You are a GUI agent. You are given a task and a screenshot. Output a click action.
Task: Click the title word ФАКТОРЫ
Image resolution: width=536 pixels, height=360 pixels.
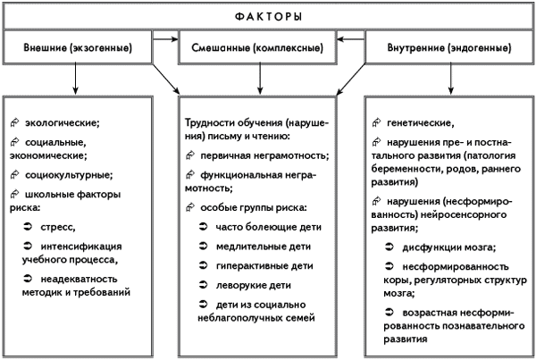click(x=268, y=16)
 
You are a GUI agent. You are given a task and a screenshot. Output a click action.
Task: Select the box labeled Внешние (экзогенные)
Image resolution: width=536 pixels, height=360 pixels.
click(x=78, y=47)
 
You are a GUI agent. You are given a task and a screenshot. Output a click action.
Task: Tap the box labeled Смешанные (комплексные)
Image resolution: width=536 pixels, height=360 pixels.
click(x=257, y=47)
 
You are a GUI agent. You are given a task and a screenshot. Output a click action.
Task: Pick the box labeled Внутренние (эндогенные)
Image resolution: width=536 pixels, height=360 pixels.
click(x=449, y=47)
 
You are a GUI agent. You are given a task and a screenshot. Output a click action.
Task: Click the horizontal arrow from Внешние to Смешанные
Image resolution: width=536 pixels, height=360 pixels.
click(x=166, y=39)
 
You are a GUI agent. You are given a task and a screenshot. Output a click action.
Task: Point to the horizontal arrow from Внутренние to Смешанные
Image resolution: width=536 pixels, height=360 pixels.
click(x=351, y=39)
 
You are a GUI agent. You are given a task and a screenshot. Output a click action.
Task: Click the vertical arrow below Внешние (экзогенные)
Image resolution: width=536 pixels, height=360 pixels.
click(x=75, y=79)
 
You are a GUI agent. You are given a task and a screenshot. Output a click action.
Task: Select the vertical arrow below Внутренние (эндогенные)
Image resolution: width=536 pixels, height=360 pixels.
click(x=450, y=79)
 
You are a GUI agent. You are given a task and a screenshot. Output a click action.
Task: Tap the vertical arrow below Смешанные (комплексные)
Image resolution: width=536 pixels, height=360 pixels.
click(x=260, y=79)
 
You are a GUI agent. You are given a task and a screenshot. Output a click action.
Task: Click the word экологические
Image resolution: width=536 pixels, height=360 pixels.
click(x=61, y=122)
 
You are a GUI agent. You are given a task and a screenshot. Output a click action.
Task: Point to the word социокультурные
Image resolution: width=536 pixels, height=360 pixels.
click(x=68, y=175)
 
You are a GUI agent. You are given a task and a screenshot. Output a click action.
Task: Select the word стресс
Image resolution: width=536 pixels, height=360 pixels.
click(x=56, y=228)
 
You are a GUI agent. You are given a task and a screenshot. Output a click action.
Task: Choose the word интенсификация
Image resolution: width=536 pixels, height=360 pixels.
click(x=81, y=247)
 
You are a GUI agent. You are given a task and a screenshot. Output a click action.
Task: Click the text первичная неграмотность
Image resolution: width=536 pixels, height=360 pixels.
click(x=264, y=156)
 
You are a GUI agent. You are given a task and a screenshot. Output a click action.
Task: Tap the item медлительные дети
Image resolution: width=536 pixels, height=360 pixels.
click(x=264, y=247)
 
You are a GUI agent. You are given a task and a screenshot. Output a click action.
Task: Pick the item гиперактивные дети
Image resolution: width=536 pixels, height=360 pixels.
click(x=264, y=266)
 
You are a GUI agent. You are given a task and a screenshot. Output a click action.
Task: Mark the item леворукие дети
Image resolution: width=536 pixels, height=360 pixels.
click(x=254, y=285)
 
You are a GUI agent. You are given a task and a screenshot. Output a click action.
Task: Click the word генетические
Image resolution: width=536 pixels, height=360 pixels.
click(x=419, y=122)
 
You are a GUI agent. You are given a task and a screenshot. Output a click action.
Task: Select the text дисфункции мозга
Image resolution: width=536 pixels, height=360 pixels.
click(x=448, y=247)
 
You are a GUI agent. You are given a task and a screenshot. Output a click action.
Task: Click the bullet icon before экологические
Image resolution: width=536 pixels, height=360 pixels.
click(x=14, y=122)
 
